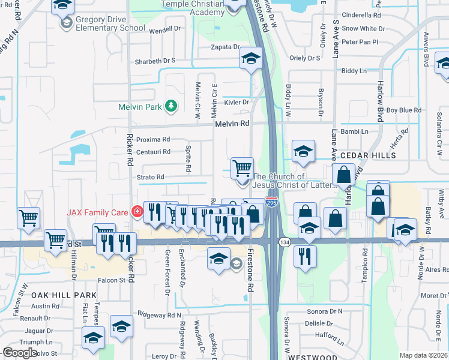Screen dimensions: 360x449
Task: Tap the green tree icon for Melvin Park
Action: [x=172, y=106]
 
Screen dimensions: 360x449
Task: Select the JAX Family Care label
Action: [x=99, y=212]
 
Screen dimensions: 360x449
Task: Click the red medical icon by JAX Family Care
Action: [x=137, y=211]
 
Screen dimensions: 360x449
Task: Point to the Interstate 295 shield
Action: [x=272, y=204]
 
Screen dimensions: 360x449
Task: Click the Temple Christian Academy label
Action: [x=193, y=8]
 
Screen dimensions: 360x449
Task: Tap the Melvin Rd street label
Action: [x=232, y=123]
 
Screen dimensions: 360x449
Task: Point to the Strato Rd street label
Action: [x=152, y=177]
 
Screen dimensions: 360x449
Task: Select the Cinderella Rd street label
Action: [x=361, y=15]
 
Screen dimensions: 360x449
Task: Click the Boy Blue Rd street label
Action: [x=403, y=110]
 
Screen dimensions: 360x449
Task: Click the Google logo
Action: [x=19, y=353]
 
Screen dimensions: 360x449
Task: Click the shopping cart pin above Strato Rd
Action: [x=242, y=168]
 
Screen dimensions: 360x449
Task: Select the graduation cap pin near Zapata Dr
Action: [x=251, y=59]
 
